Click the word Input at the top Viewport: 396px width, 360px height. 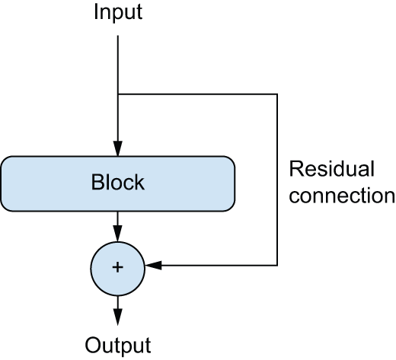tap(118, 13)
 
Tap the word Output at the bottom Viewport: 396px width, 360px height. tap(118, 346)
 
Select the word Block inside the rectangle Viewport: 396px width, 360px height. tap(118, 182)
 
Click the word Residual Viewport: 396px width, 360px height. tap(332, 168)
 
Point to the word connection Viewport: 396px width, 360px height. tap(342, 196)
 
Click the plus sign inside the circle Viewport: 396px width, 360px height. tap(117, 267)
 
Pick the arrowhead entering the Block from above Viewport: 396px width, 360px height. tap(118, 148)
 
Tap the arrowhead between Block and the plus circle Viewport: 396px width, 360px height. tap(118, 234)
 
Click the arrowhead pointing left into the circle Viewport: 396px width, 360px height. tap(153, 266)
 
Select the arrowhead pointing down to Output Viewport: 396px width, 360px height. tap(118, 317)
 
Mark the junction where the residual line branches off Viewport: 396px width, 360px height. tap(118, 94)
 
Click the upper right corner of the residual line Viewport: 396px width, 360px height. tap(277, 94)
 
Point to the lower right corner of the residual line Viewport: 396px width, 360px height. tap(277, 266)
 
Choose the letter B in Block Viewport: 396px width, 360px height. tap(97, 182)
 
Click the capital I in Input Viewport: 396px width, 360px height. tap(96, 11)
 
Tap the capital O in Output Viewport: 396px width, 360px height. tap(93, 345)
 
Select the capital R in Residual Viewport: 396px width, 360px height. tap(296, 168)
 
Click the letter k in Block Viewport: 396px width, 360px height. tap(140, 182)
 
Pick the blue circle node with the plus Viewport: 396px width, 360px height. tap(118, 269)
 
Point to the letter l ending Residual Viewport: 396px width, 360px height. tap(372, 168)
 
